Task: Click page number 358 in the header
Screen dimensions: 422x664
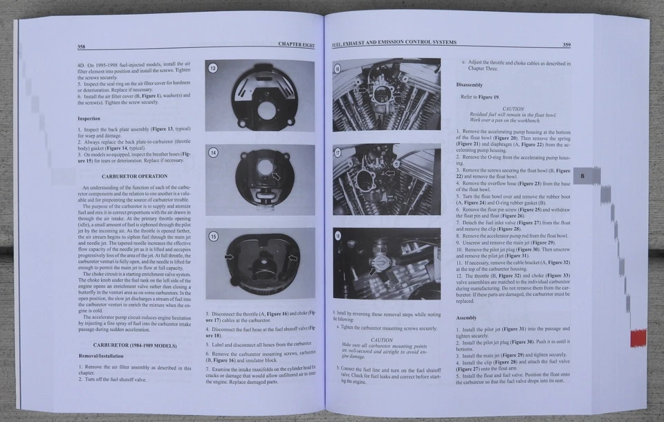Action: [x=82, y=47]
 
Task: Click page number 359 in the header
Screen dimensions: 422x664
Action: [x=566, y=45]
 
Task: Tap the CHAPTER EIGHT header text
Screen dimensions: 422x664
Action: [x=296, y=45]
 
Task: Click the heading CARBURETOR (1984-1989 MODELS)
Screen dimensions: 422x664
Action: [x=134, y=344]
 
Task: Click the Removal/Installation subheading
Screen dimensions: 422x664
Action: [x=102, y=356]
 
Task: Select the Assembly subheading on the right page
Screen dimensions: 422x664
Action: [x=466, y=318]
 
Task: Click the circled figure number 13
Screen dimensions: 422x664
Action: [x=214, y=68]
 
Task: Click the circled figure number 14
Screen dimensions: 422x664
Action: [x=214, y=152]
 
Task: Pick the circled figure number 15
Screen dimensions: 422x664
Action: [x=214, y=237]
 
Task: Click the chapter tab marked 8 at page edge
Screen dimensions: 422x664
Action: [x=582, y=176]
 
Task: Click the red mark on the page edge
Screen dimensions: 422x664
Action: [x=638, y=338]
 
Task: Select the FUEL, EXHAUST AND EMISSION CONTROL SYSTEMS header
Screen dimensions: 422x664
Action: [x=394, y=43]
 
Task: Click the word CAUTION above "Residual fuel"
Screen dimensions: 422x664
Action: [x=513, y=109]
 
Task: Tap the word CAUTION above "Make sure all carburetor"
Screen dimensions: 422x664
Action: [x=382, y=340]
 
